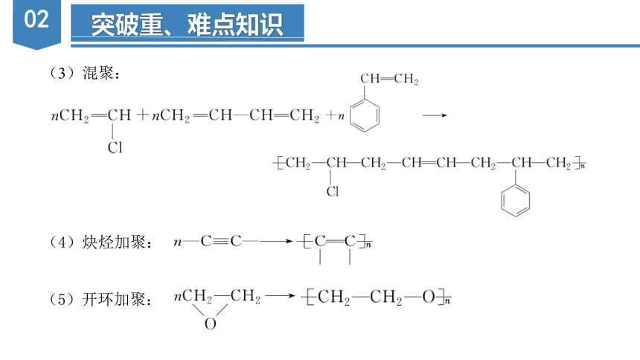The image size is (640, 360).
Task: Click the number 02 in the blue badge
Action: [x=36, y=19]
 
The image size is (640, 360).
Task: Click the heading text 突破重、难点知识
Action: [x=187, y=25]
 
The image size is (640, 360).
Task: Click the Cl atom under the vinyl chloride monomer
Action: [x=115, y=147]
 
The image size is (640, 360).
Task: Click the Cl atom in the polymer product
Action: [x=333, y=191]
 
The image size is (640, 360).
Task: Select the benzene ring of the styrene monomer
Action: [x=365, y=115]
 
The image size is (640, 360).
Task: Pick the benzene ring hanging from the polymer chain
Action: [x=516, y=200]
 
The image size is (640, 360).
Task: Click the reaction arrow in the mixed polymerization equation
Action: [x=435, y=115]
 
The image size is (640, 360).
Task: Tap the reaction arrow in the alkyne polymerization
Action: [x=276, y=241]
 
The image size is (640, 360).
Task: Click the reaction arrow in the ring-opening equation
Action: [x=280, y=295]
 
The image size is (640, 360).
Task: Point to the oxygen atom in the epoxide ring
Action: [x=210, y=324]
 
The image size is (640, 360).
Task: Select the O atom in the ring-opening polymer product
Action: [x=429, y=297]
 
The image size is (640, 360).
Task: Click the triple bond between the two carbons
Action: [x=221, y=241]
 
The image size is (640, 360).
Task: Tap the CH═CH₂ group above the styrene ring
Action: [x=389, y=79]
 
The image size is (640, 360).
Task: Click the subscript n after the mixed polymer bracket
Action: [x=583, y=166]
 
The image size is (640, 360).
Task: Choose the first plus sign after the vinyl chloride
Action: [x=142, y=115]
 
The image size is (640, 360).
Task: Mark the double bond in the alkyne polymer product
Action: [x=335, y=241]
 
